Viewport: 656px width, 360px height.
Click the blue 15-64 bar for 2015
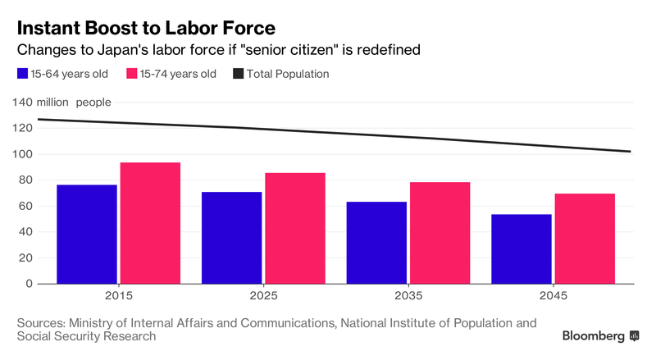[x=87, y=235]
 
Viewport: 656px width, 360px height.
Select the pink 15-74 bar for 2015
[x=150, y=223]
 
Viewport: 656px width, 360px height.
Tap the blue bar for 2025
[x=231, y=238]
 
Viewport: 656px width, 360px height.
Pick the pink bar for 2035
[x=440, y=233]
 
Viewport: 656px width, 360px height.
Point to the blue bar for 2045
[x=521, y=248]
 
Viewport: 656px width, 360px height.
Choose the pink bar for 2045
[x=584, y=239]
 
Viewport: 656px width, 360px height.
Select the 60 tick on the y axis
[x=25, y=206]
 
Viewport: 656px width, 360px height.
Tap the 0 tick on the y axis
[x=29, y=284]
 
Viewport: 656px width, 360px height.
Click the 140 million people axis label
[x=62, y=103]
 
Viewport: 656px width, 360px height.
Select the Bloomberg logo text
[x=594, y=336]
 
